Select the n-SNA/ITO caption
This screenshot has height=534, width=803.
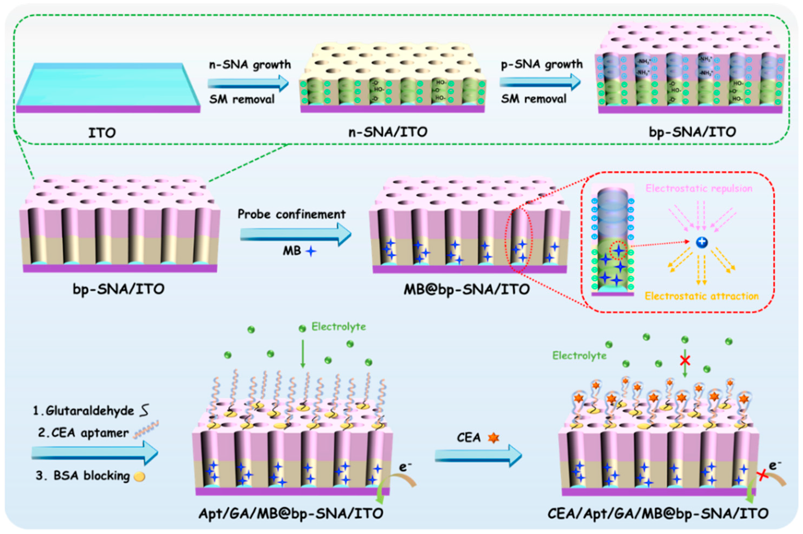pyautogui.click(x=388, y=132)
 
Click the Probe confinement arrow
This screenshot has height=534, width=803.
pyautogui.click(x=295, y=234)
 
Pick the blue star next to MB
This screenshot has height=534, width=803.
pyautogui.click(x=311, y=251)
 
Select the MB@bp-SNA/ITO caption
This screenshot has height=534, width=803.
pyautogui.click(x=467, y=289)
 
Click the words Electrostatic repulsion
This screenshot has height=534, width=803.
pyautogui.click(x=699, y=188)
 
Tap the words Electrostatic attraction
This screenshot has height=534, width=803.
pyautogui.click(x=702, y=296)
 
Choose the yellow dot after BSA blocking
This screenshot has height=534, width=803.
pyautogui.click(x=140, y=476)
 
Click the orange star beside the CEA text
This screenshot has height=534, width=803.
pyautogui.click(x=493, y=438)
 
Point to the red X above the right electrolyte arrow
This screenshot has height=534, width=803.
pyautogui.click(x=685, y=360)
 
